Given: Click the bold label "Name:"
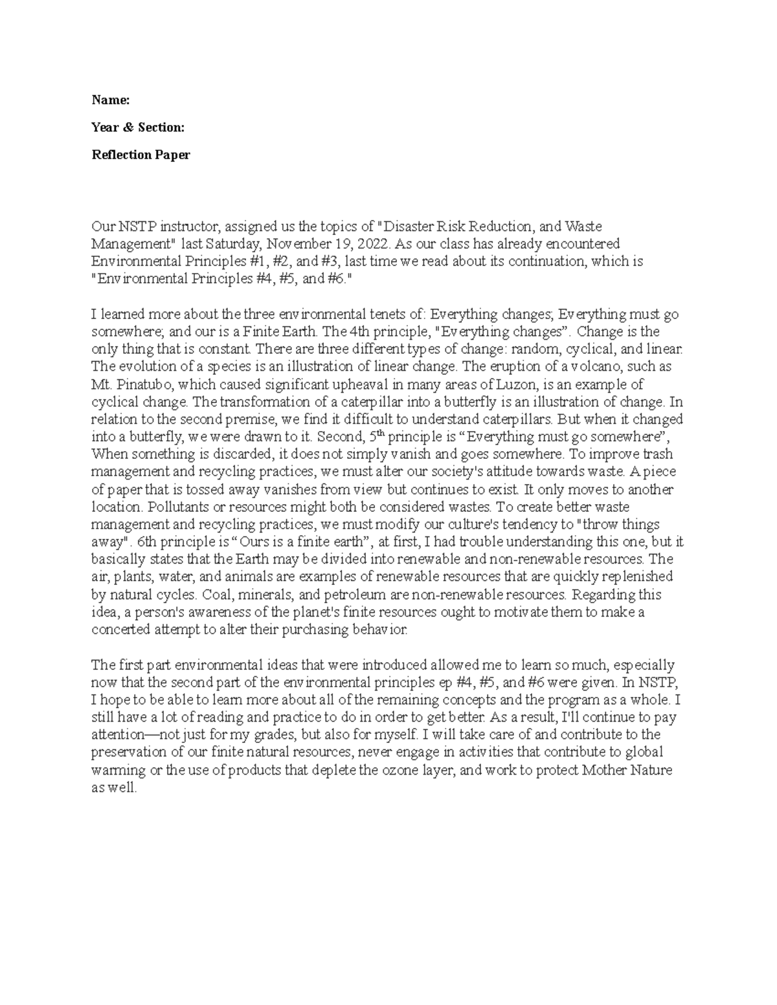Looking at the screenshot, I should tap(111, 100).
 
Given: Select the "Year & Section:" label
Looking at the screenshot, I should tap(138, 127).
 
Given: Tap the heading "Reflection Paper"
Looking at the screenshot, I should tap(141, 155).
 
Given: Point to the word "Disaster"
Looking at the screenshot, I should tap(406, 226).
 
